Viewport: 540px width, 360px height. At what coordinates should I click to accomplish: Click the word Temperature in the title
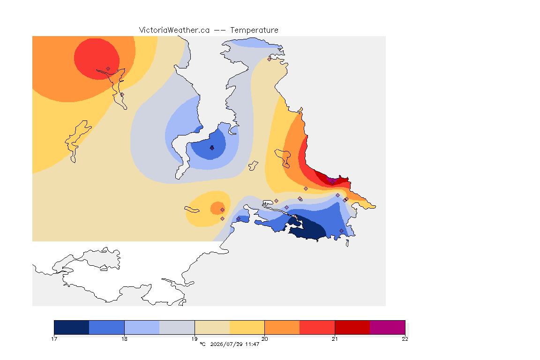(254, 30)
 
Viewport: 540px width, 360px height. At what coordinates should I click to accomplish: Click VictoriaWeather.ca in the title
(174, 30)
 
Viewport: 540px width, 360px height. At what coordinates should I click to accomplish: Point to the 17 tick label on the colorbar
(54, 339)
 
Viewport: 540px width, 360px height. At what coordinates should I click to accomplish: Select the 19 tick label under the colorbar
(195, 339)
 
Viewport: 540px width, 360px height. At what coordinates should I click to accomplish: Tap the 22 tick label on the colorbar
(405, 339)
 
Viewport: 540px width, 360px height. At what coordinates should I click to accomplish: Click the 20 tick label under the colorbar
(264, 339)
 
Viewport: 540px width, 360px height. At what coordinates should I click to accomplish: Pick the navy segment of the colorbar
(72, 327)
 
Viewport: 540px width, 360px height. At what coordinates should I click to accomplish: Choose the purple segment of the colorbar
(388, 327)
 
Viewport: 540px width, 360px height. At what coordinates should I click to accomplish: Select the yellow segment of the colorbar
(247, 327)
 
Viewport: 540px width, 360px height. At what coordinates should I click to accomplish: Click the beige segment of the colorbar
(212, 327)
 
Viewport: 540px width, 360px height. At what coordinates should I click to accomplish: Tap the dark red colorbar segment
(352, 327)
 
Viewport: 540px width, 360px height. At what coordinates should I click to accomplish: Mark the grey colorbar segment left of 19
(177, 327)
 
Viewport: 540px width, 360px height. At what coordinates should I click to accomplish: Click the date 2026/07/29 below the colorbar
(226, 344)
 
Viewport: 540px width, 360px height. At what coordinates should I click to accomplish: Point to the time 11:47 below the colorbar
(252, 344)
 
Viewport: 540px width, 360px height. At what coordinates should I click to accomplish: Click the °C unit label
(202, 344)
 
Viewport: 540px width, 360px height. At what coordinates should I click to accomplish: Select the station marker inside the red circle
(108, 69)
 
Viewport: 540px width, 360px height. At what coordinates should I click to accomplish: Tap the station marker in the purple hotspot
(332, 183)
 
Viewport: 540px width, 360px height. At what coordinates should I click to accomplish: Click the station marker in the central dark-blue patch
(212, 148)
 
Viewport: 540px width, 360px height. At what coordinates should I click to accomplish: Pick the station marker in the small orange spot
(223, 210)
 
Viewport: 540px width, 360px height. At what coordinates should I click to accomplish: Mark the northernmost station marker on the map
(270, 59)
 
